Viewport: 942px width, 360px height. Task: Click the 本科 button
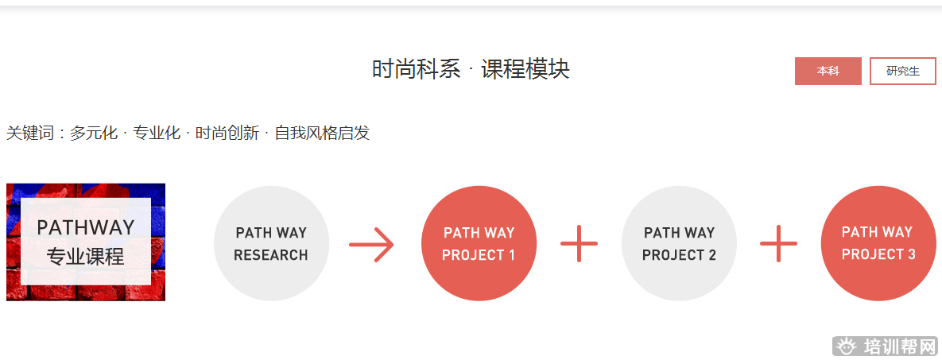point(828,71)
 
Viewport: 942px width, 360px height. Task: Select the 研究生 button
point(902,71)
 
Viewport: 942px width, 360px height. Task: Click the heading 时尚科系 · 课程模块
point(471,69)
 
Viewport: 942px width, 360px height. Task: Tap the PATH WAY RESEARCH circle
point(271,243)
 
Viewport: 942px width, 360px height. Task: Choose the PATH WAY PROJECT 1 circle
point(479,243)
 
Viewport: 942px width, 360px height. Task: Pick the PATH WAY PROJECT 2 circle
point(679,243)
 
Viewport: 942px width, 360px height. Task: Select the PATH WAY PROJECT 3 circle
point(878,243)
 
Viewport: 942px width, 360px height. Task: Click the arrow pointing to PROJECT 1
point(372,244)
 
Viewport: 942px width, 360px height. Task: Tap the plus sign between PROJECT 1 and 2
point(579,243)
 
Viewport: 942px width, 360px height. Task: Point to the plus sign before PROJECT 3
point(778,243)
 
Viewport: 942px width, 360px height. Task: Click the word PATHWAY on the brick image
point(86,227)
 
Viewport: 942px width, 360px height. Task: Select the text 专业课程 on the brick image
point(86,257)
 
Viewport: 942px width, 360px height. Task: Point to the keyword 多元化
point(93,133)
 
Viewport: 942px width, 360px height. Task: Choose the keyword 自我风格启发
point(322,133)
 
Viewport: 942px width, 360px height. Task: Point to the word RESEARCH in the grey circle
point(271,255)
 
